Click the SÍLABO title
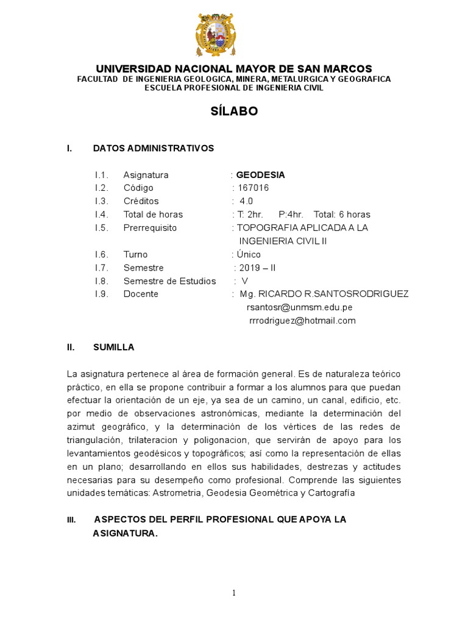tap(234, 112)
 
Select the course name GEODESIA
tap(260, 175)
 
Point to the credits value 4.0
tap(246, 201)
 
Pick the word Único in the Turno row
tap(249, 254)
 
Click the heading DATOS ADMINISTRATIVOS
tap(154, 148)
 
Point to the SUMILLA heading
tap(113, 347)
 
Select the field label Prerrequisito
tap(150, 228)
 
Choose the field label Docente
tap(141, 294)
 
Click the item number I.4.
tap(102, 214)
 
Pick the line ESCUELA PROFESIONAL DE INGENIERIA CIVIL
tap(234, 88)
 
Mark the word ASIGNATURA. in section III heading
tap(125, 534)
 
